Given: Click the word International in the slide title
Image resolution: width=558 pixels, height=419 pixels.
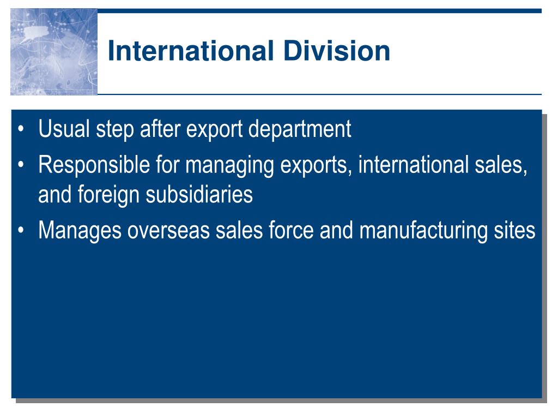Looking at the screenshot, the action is point(190,51).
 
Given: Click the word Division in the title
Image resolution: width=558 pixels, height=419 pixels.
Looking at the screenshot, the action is point(337,51).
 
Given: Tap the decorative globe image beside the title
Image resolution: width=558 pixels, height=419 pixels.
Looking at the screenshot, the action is point(54,52).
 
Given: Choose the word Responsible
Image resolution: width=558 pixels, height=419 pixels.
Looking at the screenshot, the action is point(94,164).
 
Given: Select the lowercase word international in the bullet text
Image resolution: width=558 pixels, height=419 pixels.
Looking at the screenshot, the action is point(413,164).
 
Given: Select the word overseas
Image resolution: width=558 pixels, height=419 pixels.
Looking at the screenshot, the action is point(168,231).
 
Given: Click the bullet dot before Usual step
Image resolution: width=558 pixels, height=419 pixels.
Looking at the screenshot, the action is point(21,129).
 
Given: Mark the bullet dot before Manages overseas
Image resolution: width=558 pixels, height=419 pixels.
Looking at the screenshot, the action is point(21,230).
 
